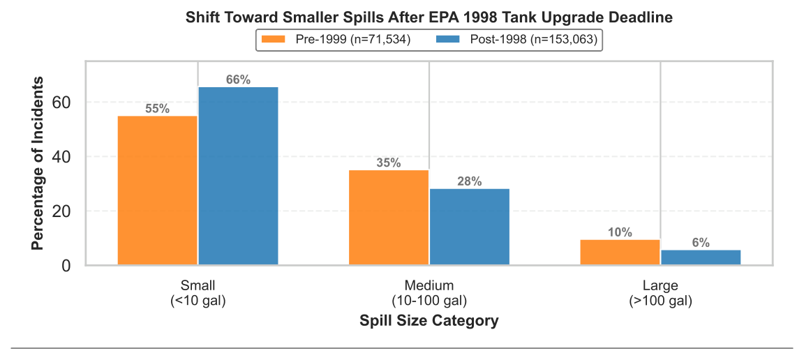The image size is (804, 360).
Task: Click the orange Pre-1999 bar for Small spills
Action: coord(158,190)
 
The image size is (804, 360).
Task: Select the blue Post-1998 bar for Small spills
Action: coord(239,176)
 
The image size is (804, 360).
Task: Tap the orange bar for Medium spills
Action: coord(389,218)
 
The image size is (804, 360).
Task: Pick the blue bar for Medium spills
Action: coord(470,227)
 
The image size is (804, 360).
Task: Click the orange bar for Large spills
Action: coord(620,253)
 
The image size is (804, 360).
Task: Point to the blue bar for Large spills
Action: coord(701,257)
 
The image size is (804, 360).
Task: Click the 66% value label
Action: coord(239,80)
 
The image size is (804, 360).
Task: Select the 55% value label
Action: coord(158,109)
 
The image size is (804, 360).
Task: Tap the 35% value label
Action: coord(389,163)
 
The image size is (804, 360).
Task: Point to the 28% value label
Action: coord(470,181)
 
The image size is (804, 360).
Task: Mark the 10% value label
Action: coord(620,232)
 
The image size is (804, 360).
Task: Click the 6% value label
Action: coord(701,243)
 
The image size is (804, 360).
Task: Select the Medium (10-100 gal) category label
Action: coord(429,293)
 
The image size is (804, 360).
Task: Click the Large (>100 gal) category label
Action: coord(660,293)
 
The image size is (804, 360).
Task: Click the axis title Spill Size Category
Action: coord(429,321)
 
